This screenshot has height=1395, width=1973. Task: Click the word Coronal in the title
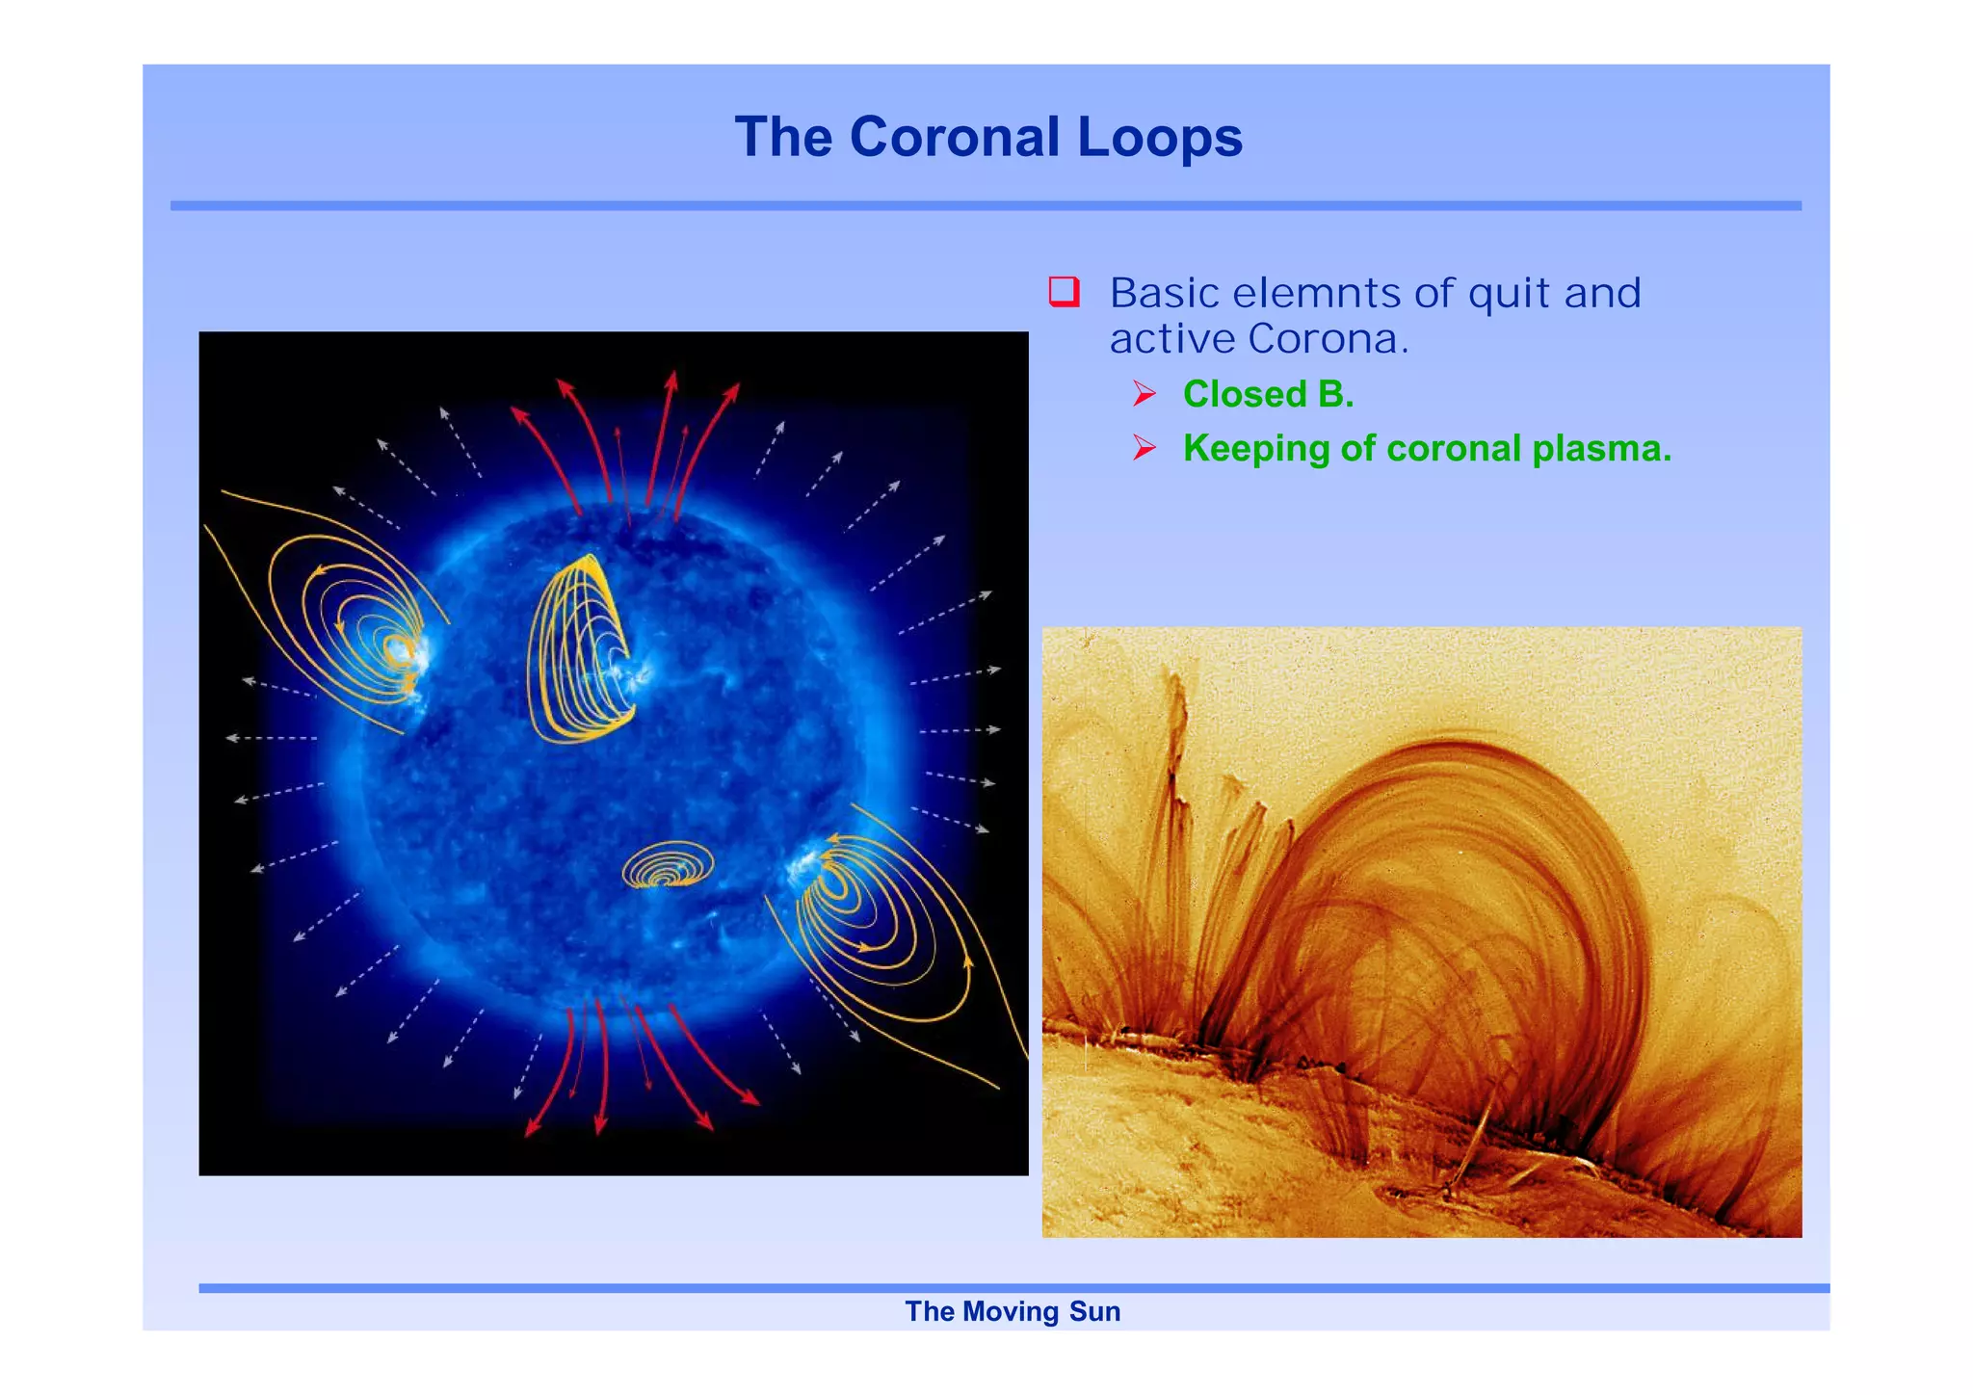coord(955,137)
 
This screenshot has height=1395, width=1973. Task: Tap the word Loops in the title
coord(1160,137)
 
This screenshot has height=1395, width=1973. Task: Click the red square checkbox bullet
coord(1064,291)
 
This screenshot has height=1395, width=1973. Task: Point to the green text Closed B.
coord(1268,394)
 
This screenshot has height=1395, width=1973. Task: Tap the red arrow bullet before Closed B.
coord(1144,394)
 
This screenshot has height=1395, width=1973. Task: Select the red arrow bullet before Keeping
coord(1144,448)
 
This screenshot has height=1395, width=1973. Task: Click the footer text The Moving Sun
coord(1013,1311)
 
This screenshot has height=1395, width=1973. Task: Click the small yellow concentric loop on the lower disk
coord(668,865)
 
